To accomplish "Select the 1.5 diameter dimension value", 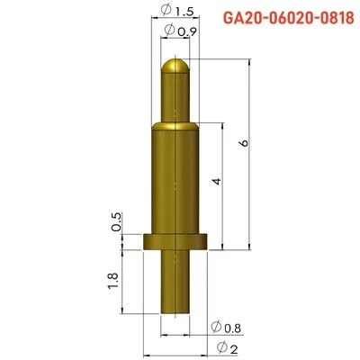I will [x=183, y=12].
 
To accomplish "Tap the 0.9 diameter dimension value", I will [x=187, y=32].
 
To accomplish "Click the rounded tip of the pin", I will [x=175, y=67].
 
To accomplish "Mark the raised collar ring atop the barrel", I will [x=175, y=124].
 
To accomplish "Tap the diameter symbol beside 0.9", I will [x=171, y=32].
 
